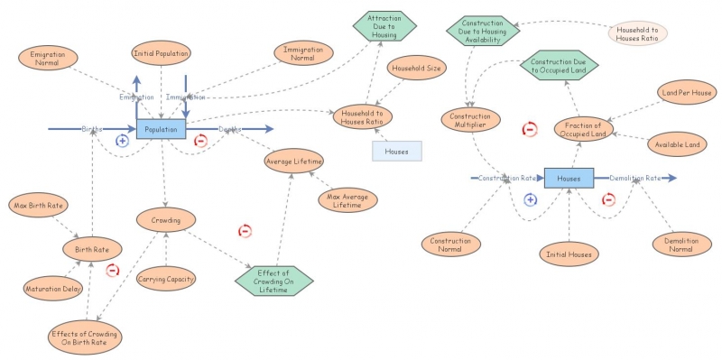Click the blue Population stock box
(x=161, y=130)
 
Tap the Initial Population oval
(x=161, y=54)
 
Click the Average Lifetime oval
(x=293, y=162)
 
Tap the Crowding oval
(x=166, y=219)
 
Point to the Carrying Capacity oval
(x=166, y=279)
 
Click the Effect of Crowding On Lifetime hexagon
(x=273, y=280)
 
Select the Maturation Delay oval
(x=52, y=290)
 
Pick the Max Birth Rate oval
(x=38, y=206)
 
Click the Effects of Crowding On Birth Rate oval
(x=83, y=336)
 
